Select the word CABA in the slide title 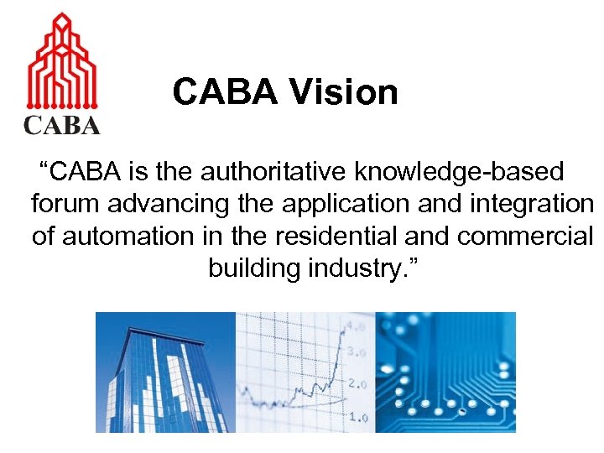pyautogui.click(x=224, y=92)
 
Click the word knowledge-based pyautogui.click(x=460, y=173)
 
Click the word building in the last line pyautogui.click(x=253, y=268)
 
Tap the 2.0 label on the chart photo pyautogui.click(x=357, y=384)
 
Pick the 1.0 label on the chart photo pyautogui.click(x=358, y=416)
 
